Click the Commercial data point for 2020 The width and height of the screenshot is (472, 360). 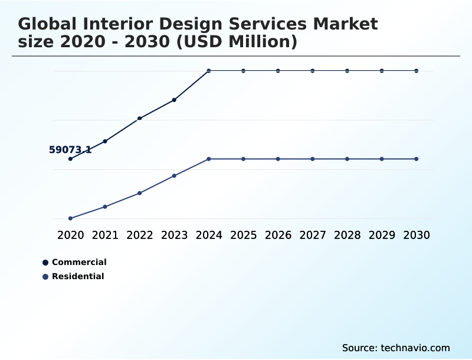coord(71,159)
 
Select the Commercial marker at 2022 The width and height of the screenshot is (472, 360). coord(140,119)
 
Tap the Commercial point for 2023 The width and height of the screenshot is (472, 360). coord(175,100)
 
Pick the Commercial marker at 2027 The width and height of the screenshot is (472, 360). coord(313,71)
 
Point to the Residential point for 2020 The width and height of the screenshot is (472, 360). coord(71,218)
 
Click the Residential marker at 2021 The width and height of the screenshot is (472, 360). coord(105,207)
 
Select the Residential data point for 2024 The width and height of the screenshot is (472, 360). coord(209,159)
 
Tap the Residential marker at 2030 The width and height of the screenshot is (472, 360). coord(417,159)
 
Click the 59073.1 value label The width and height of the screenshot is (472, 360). coord(70,150)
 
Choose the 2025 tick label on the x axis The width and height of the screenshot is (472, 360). coord(244,235)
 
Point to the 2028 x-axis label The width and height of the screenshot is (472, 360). coord(347,235)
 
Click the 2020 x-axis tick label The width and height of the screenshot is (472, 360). coord(71,235)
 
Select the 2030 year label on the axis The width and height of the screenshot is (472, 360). coord(417,235)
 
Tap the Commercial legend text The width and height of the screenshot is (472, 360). coord(79,262)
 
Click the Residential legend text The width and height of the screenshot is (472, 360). coord(78,276)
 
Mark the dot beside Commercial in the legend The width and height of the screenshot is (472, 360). coord(45,262)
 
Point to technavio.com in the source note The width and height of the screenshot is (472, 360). coord(415,348)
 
